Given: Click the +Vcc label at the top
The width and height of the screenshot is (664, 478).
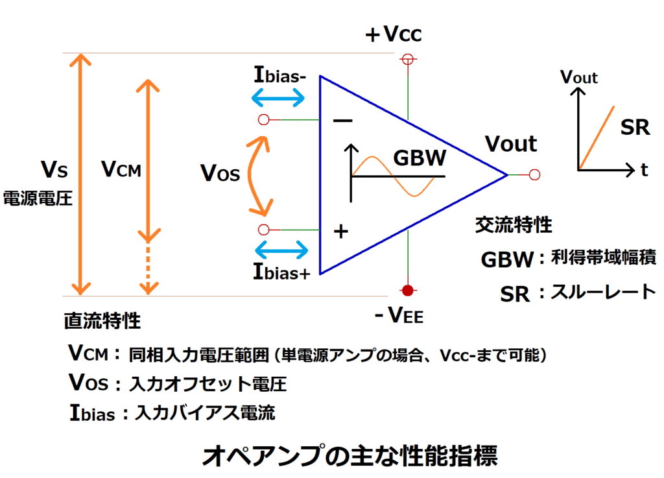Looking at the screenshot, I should (x=394, y=34).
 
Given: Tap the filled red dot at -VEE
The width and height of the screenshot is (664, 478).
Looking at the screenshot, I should (x=408, y=289).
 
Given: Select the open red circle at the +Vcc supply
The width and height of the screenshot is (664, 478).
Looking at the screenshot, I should (x=408, y=59).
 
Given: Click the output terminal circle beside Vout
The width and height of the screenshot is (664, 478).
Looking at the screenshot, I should (x=534, y=174).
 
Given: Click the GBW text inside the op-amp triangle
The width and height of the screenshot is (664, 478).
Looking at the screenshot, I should (x=420, y=158).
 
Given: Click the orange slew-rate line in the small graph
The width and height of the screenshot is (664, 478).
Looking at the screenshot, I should (x=597, y=137).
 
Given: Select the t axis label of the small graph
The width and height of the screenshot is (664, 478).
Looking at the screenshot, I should (x=644, y=171).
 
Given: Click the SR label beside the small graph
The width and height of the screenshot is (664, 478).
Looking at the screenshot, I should (x=635, y=127).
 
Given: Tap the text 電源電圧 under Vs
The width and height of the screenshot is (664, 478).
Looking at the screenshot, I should (x=38, y=198).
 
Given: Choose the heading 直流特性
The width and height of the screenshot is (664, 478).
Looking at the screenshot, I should (x=102, y=320).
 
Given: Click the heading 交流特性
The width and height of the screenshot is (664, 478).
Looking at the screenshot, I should (x=514, y=224).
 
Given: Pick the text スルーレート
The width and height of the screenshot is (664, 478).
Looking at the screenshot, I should (x=604, y=292).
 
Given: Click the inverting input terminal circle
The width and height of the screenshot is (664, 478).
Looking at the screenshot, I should (x=263, y=120).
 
